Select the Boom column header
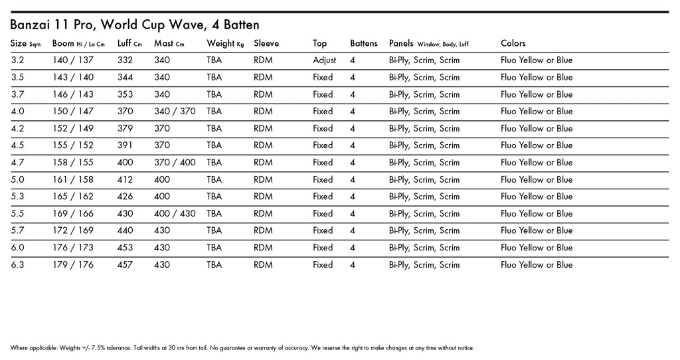(78, 44)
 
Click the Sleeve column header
(266, 44)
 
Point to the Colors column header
(513, 44)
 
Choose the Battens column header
(364, 44)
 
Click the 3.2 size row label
(17, 60)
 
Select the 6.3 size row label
(17, 265)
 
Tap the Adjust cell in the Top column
(325, 60)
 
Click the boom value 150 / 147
(73, 112)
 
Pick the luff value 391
(125, 145)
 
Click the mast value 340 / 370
(175, 112)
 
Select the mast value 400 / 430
(175, 214)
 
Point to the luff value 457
(125, 265)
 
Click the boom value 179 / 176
(73, 265)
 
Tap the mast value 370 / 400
(175, 163)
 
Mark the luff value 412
(125, 180)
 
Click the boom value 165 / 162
(73, 197)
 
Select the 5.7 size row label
(17, 231)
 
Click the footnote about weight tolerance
(242, 348)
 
